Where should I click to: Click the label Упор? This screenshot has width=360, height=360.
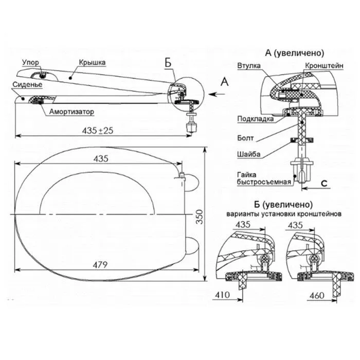point(29,63)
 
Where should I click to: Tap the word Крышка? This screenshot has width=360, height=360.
point(93,63)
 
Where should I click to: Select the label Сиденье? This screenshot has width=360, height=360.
point(22,83)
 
